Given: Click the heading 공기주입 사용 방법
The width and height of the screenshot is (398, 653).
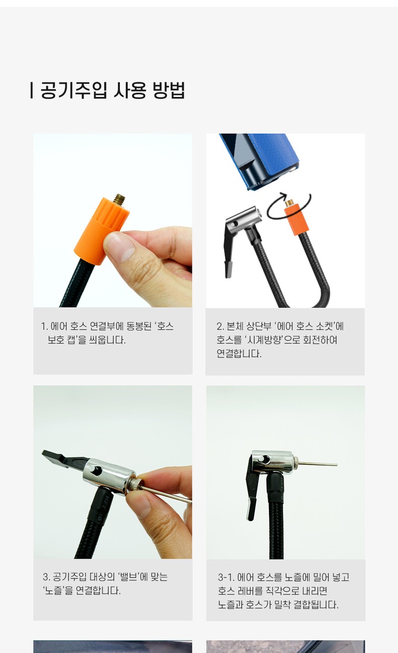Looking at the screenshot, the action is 113,90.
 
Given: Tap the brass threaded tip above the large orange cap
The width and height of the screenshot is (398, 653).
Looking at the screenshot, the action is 119,199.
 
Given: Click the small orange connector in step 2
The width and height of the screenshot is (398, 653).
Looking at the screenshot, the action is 295,219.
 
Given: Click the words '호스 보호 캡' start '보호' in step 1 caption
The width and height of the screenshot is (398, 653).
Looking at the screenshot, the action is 56,340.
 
